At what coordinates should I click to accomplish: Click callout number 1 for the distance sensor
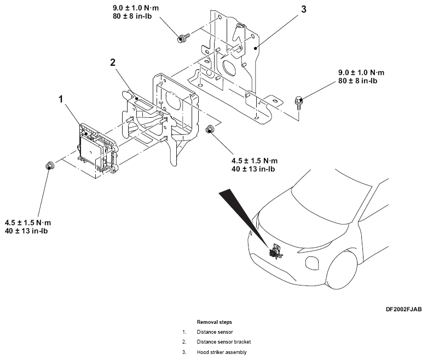(x=61, y=100)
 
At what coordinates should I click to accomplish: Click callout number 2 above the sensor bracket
(x=113, y=62)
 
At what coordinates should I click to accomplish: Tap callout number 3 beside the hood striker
(x=304, y=9)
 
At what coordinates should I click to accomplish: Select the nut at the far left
(x=50, y=165)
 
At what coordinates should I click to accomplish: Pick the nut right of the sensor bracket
(x=210, y=129)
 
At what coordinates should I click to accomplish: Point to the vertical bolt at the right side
(x=299, y=103)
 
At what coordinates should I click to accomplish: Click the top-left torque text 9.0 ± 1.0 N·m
(x=136, y=8)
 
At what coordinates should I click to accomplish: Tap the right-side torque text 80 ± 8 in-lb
(x=357, y=81)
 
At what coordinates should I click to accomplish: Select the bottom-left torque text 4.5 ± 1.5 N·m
(x=28, y=222)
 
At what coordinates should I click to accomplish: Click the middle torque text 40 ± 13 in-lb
(x=253, y=169)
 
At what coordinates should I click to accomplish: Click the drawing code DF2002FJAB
(x=403, y=309)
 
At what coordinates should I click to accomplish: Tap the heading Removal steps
(x=214, y=322)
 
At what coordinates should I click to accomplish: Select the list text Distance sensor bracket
(x=223, y=342)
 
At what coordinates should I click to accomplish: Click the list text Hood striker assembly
(x=221, y=352)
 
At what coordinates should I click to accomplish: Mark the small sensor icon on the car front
(x=275, y=252)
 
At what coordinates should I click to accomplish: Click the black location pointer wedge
(x=244, y=216)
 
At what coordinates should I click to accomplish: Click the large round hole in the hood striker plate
(x=230, y=67)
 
